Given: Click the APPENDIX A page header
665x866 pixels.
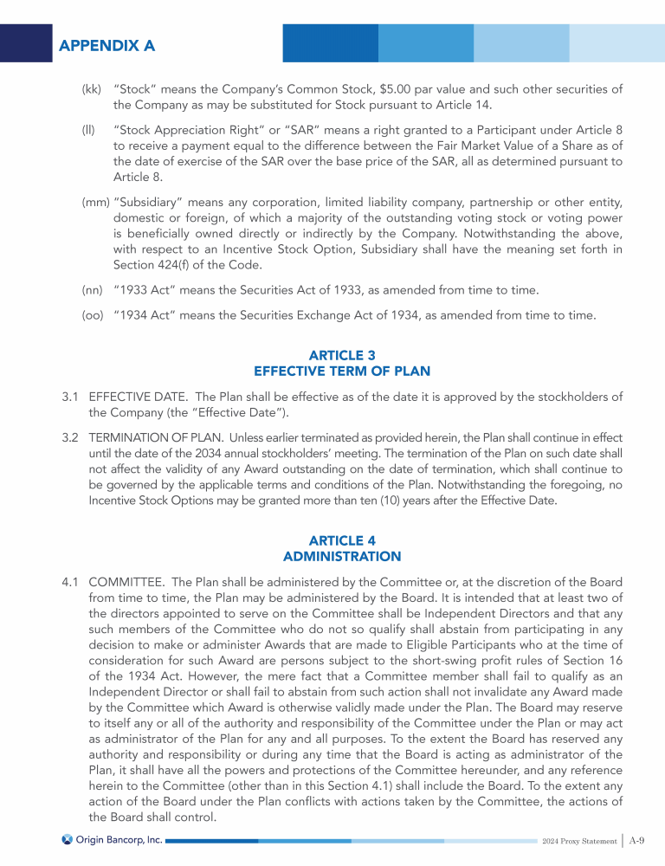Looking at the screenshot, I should (x=107, y=44).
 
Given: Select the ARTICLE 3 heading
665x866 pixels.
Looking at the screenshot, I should (x=341, y=356).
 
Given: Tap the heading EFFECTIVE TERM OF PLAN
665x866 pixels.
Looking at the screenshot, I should (x=341, y=371).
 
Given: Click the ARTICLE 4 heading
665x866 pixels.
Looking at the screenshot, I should (x=341, y=540).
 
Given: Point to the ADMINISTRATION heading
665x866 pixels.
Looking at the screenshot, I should (x=341, y=556).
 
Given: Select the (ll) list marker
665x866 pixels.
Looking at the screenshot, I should (x=87, y=130).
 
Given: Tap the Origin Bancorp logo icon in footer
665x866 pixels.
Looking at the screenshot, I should (x=67, y=839).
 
